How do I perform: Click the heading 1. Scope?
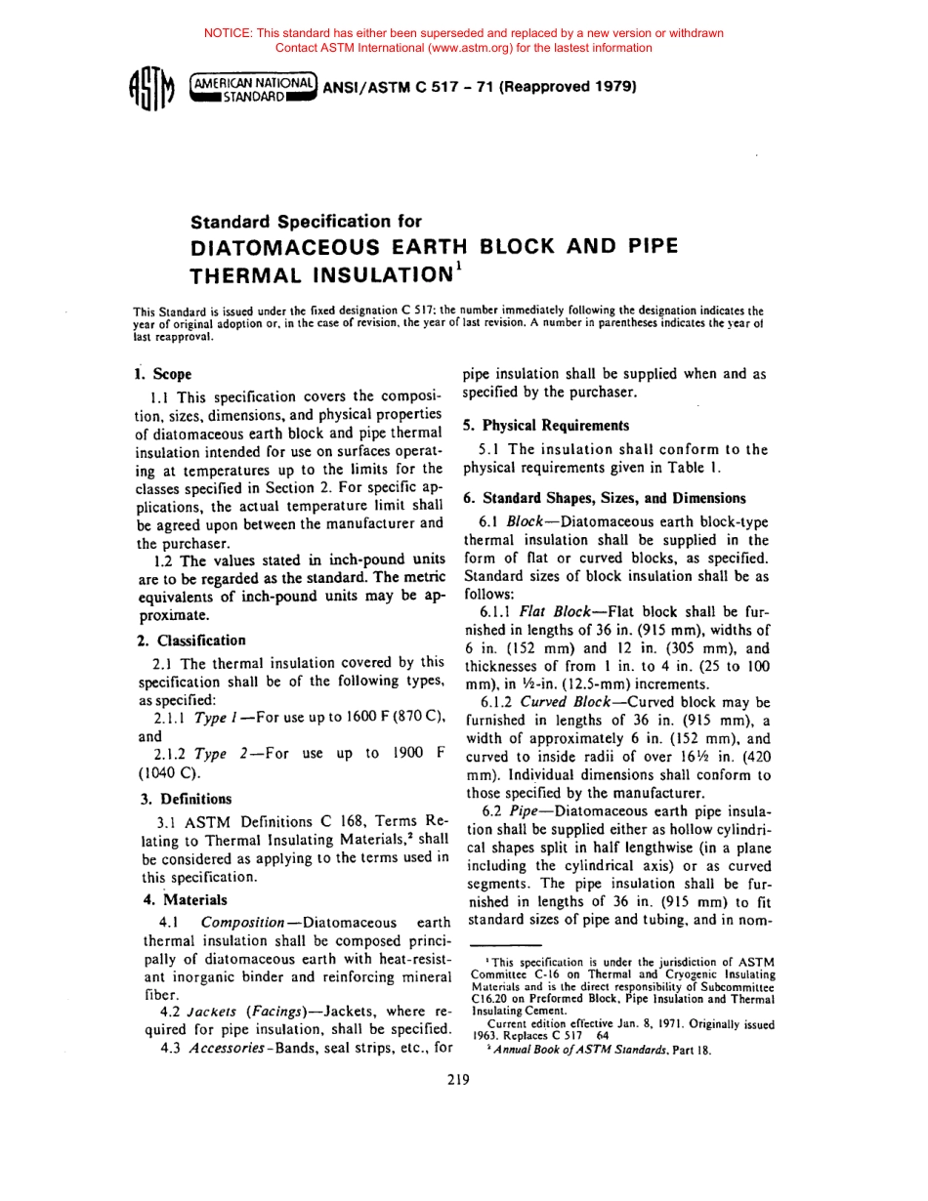pyautogui.click(x=163, y=374)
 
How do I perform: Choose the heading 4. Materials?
pyautogui.click(x=181, y=899)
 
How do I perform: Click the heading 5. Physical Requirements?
pyautogui.click(x=546, y=426)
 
